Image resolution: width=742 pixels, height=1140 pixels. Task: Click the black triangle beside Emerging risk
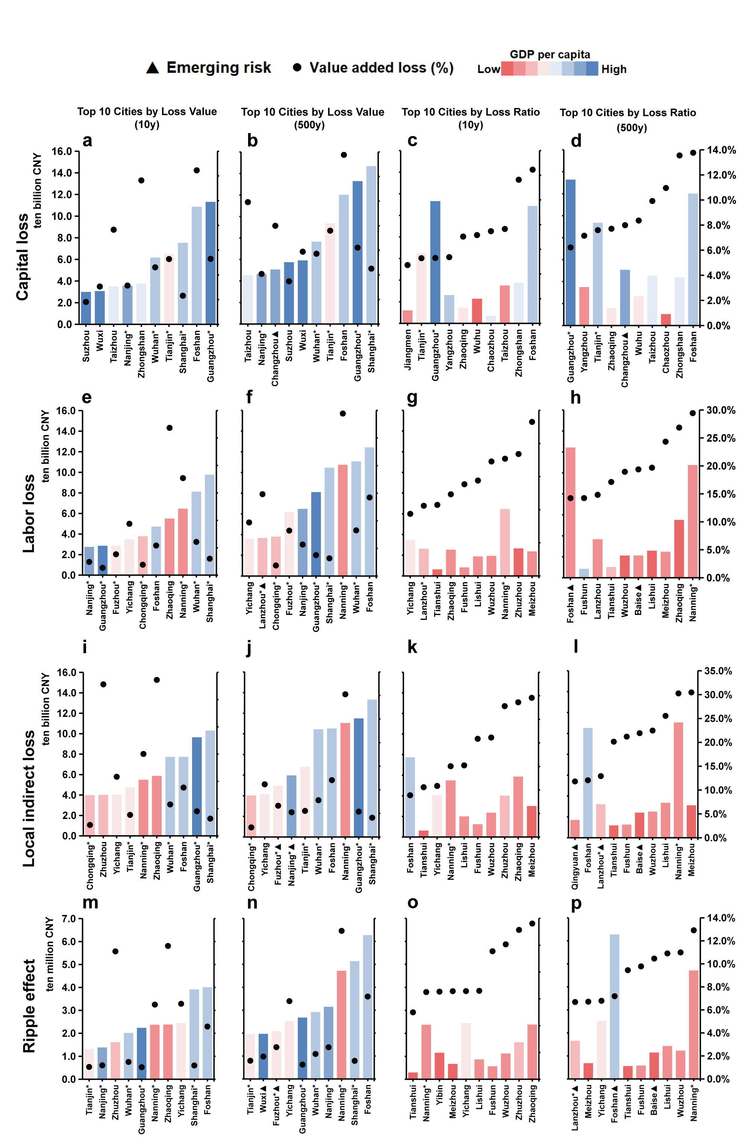click(x=152, y=68)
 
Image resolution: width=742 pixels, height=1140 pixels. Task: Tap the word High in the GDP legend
click(x=613, y=70)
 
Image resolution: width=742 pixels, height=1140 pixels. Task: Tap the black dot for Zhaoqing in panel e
click(x=170, y=428)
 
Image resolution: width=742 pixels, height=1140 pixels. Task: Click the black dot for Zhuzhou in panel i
click(x=103, y=684)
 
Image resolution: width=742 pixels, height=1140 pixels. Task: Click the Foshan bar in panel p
click(x=614, y=1006)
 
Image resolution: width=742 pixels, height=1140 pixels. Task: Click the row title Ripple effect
click(x=29, y=1005)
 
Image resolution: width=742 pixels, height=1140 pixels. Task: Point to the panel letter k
click(x=412, y=648)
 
